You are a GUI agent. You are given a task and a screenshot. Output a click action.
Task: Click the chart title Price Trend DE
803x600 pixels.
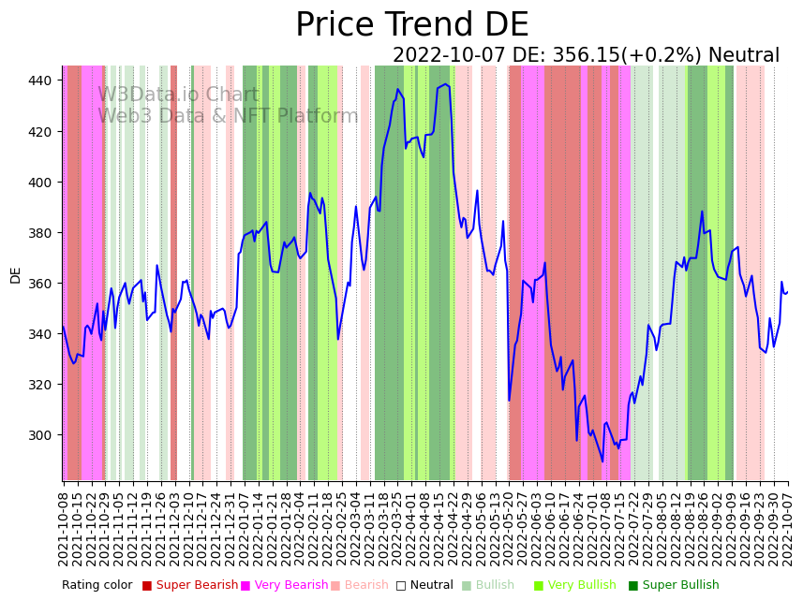point(411,25)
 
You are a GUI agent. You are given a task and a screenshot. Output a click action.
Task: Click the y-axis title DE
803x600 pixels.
point(15,274)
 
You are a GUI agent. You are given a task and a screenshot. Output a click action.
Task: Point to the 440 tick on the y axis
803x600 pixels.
point(41,80)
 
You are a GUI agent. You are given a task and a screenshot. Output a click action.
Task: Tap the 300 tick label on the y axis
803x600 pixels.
point(41,435)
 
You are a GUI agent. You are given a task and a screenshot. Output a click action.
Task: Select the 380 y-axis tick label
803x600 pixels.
point(41,233)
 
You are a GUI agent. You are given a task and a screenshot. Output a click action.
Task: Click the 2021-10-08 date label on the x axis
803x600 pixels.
point(64,528)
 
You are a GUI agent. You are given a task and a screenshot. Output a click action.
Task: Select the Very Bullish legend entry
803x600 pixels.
point(582,586)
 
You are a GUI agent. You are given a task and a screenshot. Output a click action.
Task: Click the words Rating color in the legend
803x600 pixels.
point(97,586)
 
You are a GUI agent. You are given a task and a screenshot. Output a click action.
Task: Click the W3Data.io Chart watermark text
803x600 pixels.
point(178,95)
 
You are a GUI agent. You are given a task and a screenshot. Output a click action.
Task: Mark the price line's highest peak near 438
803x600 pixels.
point(445,84)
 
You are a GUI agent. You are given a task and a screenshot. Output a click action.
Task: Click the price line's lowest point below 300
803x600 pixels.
point(602,461)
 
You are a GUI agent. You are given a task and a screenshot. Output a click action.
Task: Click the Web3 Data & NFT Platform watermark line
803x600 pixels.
point(228,116)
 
